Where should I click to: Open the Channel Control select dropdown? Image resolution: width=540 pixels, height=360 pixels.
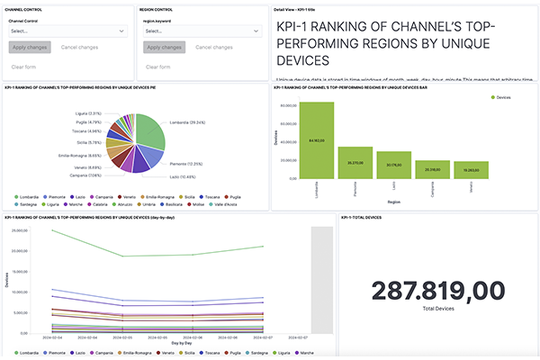67,31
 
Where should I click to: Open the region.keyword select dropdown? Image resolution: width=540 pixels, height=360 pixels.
202,31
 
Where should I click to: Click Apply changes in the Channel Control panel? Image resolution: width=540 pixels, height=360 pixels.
31,46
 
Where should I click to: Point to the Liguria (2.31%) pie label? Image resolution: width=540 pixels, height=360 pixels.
88,113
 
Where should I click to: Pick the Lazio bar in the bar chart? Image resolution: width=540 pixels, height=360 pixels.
393,165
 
